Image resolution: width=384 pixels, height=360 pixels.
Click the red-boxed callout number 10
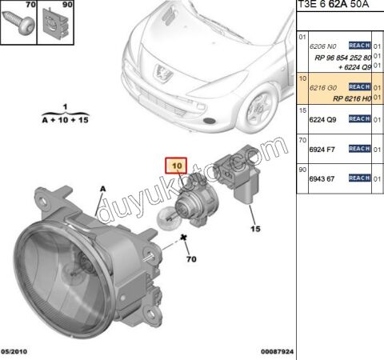(x=176, y=166)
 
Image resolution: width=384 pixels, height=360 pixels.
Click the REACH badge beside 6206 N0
(x=359, y=47)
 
